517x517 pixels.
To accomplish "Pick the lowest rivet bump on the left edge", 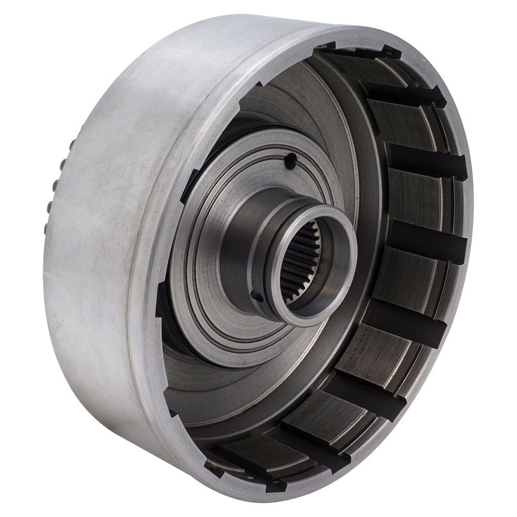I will (x=49, y=208).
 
